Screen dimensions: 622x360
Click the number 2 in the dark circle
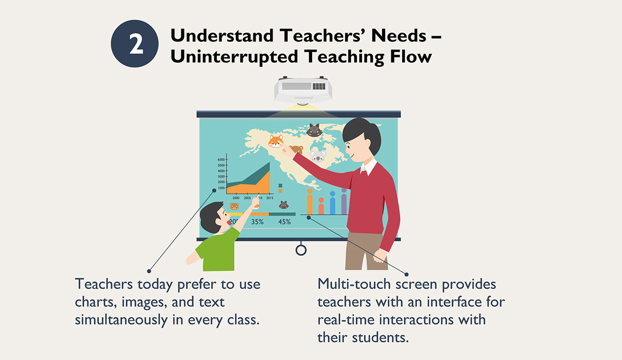click(136, 44)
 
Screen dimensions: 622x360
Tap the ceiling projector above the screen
click(303, 90)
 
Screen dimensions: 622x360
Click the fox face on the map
click(276, 141)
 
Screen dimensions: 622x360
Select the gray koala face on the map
click(318, 156)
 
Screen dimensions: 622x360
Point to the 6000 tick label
click(221, 160)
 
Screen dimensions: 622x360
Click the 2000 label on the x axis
click(236, 198)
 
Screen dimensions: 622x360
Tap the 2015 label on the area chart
click(270, 198)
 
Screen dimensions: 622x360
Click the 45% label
click(285, 222)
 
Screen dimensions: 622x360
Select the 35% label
click(258, 222)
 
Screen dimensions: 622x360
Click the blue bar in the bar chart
click(332, 203)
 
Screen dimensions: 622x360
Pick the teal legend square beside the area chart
click(280, 185)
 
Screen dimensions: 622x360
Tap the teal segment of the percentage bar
click(282, 214)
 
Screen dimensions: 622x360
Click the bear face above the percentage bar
click(234, 206)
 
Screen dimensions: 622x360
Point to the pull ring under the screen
click(301, 250)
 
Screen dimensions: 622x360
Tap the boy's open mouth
click(229, 223)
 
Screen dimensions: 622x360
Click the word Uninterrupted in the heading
click(234, 57)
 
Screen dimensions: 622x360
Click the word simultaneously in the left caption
click(121, 320)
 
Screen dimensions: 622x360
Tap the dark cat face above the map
click(314, 130)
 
